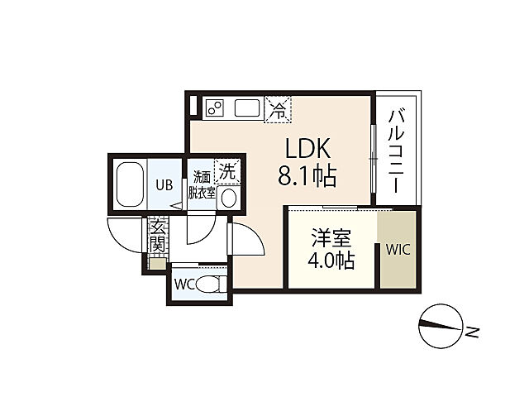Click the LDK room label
coord(307,148)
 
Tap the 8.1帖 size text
coord(307,176)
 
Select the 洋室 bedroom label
coord(331,238)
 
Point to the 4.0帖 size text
coord(331,261)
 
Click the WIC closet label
coord(398,250)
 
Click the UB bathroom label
coord(164,184)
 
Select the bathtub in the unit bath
coord(130,184)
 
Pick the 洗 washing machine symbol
coord(228,172)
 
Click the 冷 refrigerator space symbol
coord(278,110)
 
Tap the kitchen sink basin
coord(247,108)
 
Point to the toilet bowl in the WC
coord(211,285)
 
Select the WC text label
coord(184,285)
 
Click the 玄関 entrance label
coord(158,235)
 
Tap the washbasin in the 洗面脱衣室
coord(228,198)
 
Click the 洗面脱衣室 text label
coord(202,184)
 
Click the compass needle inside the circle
coord(440,325)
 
